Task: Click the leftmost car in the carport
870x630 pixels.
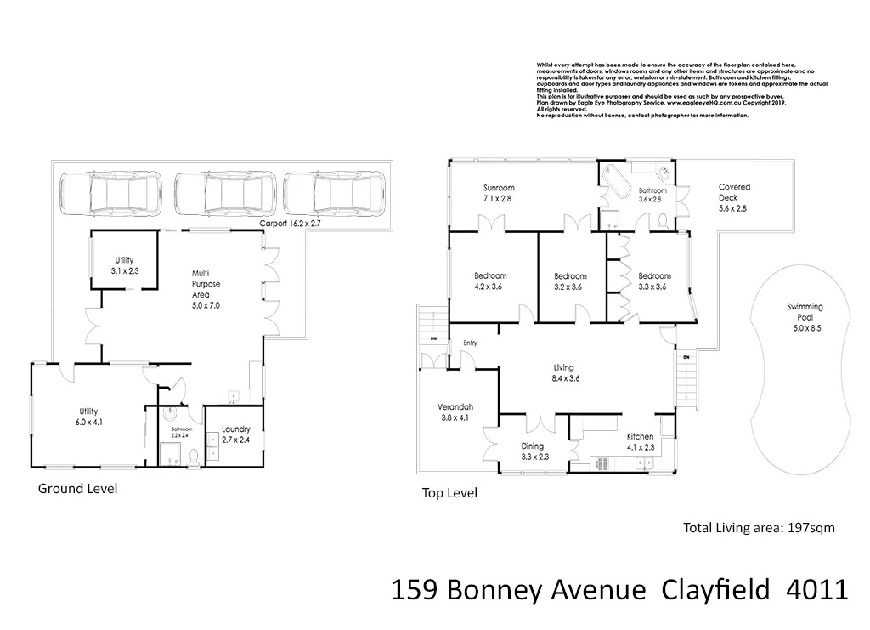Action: pyautogui.click(x=110, y=194)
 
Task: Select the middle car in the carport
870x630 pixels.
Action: pyautogui.click(x=224, y=194)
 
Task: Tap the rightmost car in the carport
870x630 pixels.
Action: pyautogui.click(x=334, y=194)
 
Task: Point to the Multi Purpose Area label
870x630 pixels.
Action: pyautogui.click(x=206, y=288)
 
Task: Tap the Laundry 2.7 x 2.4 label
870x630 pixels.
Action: pyautogui.click(x=235, y=435)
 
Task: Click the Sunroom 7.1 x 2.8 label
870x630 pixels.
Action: pyautogui.click(x=499, y=193)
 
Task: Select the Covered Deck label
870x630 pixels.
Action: pyautogui.click(x=734, y=197)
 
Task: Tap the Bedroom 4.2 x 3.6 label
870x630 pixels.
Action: pyautogui.click(x=490, y=281)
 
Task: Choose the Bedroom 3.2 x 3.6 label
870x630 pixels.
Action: pyautogui.click(x=570, y=281)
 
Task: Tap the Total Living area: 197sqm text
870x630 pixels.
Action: pyautogui.click(x=759, y=528)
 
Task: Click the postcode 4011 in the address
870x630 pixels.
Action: pyautogui.click(x=815, y=588)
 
